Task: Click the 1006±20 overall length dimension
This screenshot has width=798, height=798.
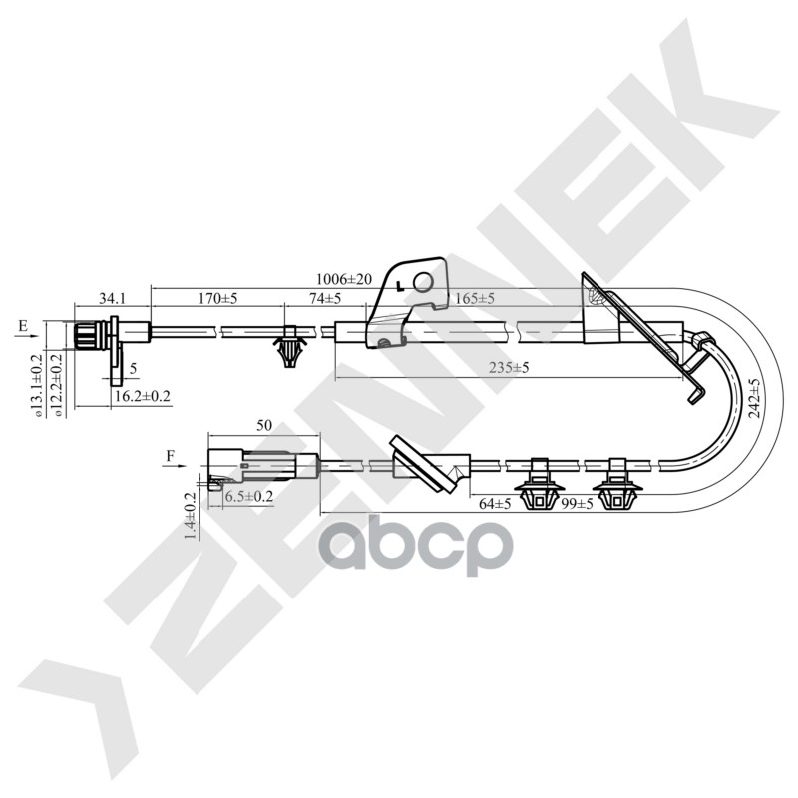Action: pos(343,280)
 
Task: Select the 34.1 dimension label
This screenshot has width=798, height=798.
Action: pos(113,298)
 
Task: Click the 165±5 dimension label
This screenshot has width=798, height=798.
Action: pos(474,298)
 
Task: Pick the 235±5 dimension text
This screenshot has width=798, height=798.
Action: pos(508,368)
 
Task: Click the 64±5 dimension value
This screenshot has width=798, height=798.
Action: pos(495,504)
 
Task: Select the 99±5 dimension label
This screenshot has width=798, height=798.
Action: pos(577,504)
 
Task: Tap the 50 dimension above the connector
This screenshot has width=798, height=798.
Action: pos(264,425)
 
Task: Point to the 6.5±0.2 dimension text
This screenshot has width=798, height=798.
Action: pos(248,496)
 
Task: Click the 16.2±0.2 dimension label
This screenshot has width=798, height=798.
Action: pos(141,396)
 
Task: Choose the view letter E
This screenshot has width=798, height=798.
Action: pos(23,326)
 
